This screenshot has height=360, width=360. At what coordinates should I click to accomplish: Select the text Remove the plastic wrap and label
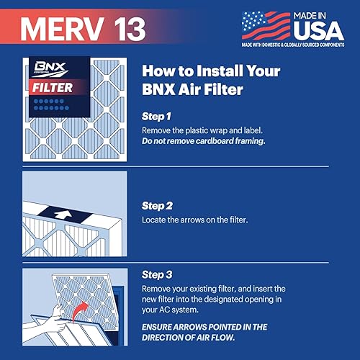pyautogui.click(x=205, y=130)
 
